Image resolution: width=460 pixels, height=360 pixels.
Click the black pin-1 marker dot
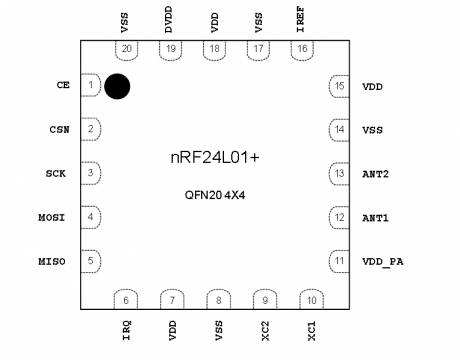click(x=118, y=86)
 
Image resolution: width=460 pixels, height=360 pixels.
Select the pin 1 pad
click(x=90, y=86)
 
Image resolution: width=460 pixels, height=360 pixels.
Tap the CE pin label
click(x=62, y=86)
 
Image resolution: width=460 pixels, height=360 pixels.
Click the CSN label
click(x=59, y=129)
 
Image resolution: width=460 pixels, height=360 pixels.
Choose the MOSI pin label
click(x=53, y=217)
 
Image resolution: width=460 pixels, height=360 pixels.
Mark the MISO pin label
click(x=53, y=261)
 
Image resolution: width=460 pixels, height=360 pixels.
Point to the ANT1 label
click(x=375, y=217)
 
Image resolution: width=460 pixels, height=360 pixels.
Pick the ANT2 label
click(x=375, y=173)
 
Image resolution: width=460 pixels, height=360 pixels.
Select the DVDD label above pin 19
click(x=172, y=22)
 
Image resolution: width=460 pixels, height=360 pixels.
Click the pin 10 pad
click(x=311, y=299)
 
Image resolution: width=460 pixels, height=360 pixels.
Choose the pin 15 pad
click(x=339, y=86)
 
